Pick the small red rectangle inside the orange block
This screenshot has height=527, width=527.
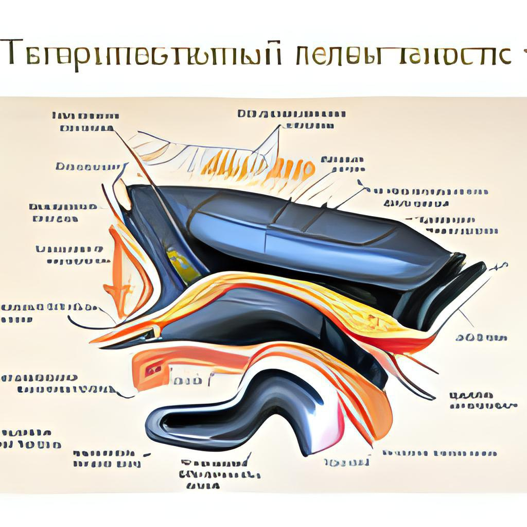pyautogui.click(x=153, y=368)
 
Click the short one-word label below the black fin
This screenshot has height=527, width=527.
pyautogui.click(x=482, y=338)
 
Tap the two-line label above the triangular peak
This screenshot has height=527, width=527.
pyautogui.click(x=291, y=119)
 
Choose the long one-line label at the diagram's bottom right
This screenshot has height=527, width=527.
pyautogui.click(x=440, y=453)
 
